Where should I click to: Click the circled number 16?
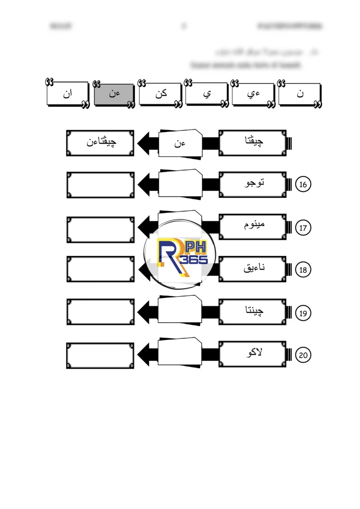[303, 185]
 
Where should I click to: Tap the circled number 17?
[303, 228]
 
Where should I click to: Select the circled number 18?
[303, 270]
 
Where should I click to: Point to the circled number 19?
[303, 313]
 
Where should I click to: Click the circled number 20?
[303, 355]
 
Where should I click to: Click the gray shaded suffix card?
[113, 94]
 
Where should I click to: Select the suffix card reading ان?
[67, 94]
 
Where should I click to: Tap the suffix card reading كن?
[160, 94]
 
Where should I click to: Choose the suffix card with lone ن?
[300, 94]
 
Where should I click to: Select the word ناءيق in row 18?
[253, 269]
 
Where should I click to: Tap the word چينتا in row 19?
[253, 311]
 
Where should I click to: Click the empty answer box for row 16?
[100, 185]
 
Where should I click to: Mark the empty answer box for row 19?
[100, 313]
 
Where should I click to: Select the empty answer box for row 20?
[100, 355]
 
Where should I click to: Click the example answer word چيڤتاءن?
[101, 143]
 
